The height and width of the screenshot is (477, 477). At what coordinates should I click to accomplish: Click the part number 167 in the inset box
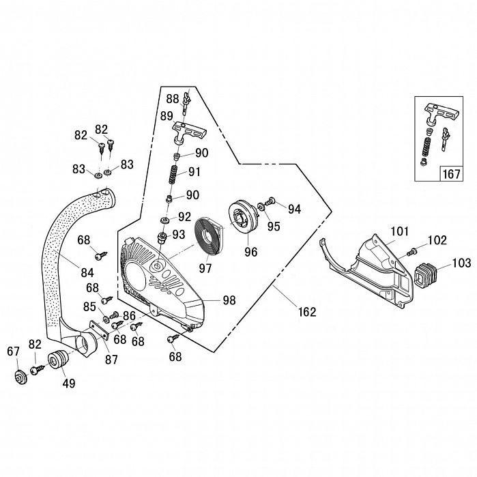click(452, 173)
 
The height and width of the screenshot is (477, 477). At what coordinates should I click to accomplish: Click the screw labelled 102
click(414, 252)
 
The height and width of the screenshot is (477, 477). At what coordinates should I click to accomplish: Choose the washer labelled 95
click(263, 208)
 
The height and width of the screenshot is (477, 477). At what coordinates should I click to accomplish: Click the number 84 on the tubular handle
click(87, 272)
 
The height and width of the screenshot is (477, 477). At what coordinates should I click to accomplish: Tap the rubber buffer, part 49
click(57, 361)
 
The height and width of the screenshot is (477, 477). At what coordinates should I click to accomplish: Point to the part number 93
click(177, 234)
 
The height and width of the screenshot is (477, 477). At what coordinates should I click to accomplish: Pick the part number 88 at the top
click(172, 98)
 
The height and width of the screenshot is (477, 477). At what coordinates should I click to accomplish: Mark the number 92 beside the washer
click(184, 217)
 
